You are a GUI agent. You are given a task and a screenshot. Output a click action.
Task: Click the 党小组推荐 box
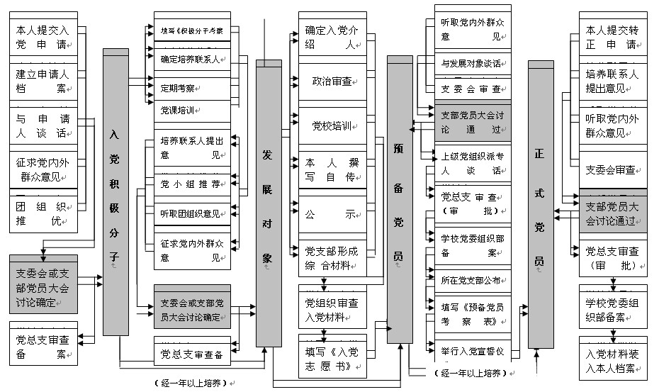pos(191,184)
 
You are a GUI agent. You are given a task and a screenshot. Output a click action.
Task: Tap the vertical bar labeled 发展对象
pos(268,202)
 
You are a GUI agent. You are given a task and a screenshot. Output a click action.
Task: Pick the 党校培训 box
pos(332,126)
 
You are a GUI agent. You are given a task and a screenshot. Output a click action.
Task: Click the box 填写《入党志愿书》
pos(332,356)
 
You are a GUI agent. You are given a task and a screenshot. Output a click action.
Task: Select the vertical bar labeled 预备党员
pos(400,198)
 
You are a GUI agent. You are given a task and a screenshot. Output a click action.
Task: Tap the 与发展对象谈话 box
pos(471,64)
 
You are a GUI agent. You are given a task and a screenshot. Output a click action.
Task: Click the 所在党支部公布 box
pos(471,280)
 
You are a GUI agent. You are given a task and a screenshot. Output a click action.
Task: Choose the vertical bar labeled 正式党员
pos(541,206)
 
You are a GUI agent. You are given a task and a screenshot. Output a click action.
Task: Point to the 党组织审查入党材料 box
pos(332,309)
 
